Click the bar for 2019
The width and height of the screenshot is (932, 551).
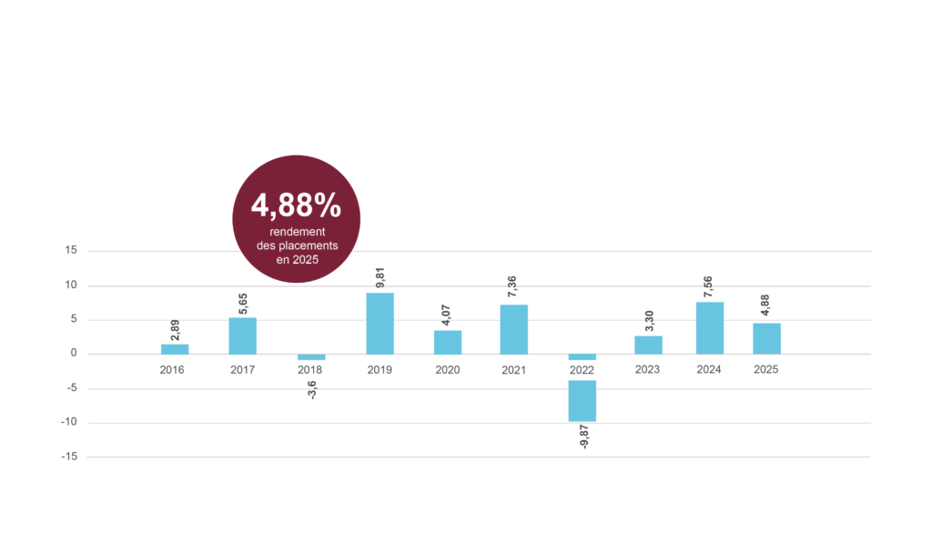point(380,324)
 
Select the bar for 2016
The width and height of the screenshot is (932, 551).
point(175,349)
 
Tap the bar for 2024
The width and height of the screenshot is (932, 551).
point(710,328)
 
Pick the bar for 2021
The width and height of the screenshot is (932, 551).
point(513,329)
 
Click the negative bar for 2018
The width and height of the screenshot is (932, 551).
point(311,356)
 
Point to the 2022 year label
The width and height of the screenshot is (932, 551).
point(582,370)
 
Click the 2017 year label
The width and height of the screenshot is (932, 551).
point(242,370)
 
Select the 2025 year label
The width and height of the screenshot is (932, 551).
point(765,369)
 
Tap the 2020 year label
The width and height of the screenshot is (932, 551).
point(448,370)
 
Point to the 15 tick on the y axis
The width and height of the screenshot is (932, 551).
point(71,251)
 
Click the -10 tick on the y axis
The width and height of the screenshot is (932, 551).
point(69,422)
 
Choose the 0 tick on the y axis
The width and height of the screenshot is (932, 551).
point(74,354)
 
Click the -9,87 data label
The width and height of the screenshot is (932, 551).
point(583,436)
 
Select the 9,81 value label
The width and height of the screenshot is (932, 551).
point(380,277)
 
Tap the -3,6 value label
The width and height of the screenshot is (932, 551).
point(312,390)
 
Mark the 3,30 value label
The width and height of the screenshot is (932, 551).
point(649,321)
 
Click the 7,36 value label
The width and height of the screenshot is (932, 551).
point(512,286)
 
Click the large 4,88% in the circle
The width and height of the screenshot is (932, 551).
point(296,205)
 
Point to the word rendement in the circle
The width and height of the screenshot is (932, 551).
point(298,232)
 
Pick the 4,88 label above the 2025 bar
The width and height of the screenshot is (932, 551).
point(765,306)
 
